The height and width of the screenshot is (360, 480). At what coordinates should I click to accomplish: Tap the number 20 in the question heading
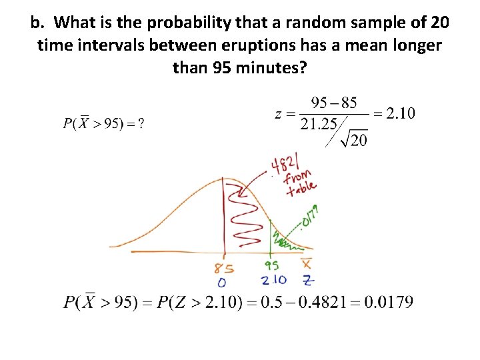point(439,23)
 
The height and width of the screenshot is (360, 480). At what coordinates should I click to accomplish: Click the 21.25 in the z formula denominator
point(319,124)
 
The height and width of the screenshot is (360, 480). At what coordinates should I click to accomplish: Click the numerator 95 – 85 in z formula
point(335,103)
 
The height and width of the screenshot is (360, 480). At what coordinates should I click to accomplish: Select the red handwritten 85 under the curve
point(225,268)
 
